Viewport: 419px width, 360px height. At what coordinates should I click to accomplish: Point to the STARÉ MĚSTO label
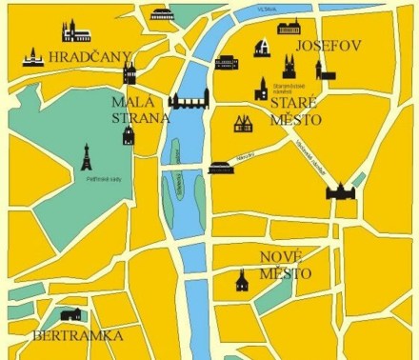tap(294, 110)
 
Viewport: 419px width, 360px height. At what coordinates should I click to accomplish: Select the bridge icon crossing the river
tap(188, 99)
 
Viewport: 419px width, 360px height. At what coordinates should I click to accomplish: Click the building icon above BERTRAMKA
tap(70, 313)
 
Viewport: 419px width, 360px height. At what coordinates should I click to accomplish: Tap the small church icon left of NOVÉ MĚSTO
tap(242, 280)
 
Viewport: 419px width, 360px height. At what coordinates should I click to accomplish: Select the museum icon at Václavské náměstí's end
tap(339, 190)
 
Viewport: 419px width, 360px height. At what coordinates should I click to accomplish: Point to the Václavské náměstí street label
tap(310, 150)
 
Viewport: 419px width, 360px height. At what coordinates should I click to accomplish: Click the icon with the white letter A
tap(261, 47)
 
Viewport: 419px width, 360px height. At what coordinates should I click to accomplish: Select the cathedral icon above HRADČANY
tap(76, 31)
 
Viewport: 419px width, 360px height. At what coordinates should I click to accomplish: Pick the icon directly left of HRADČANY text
tap(34, 57)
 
